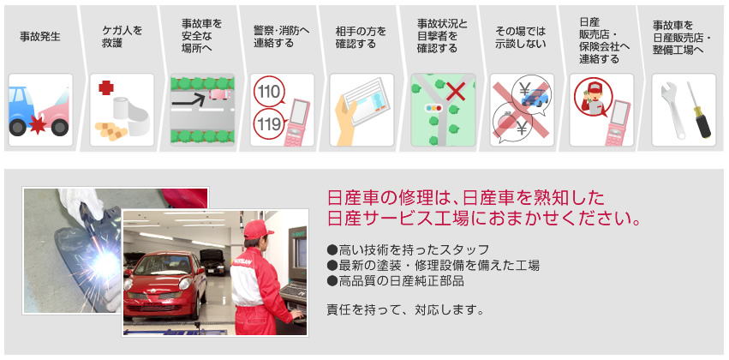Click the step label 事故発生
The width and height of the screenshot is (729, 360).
[x=39, y=38]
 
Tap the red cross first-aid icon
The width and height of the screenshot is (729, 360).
[x=106, y=88]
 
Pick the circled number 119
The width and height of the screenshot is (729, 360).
[x=268, y=125]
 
